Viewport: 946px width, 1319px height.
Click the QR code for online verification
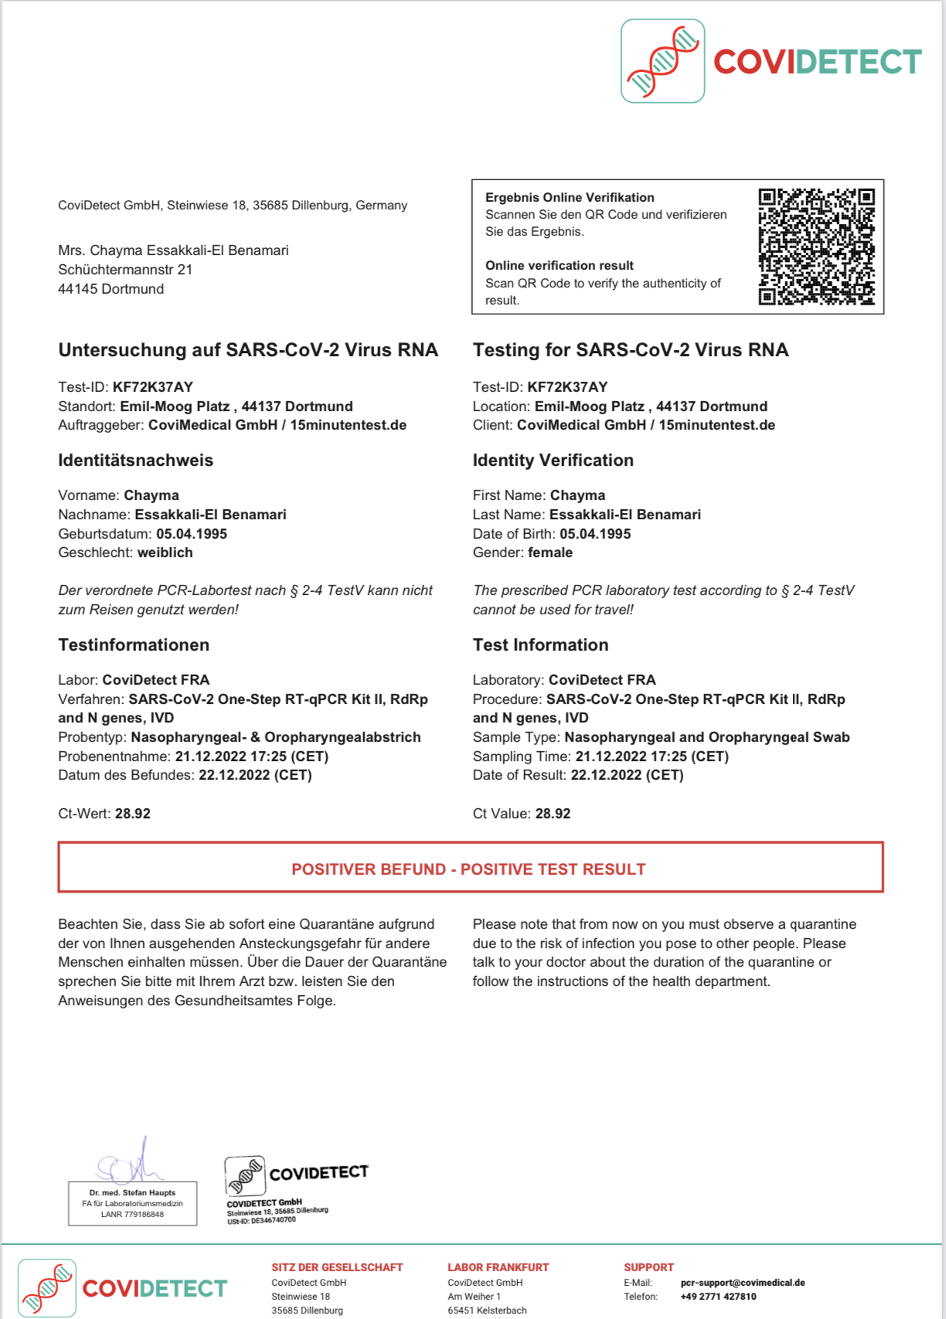[816, 246]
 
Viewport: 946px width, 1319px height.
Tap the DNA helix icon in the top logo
[662, 61]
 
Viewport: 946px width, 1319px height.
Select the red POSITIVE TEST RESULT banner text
[468, 869]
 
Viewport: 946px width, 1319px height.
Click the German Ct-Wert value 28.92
[133, 814]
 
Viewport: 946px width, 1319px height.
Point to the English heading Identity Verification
[553, 461]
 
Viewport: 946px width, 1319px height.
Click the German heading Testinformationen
[134, 645]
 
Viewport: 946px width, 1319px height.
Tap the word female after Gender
[550, 552]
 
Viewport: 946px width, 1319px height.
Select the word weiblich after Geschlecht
[165, 552]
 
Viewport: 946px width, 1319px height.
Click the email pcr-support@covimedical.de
[742, 1283]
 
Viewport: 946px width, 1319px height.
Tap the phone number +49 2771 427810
[718, 1297]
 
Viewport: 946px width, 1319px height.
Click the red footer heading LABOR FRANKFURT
[498, 1267]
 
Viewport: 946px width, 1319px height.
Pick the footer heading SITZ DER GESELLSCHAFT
[337, 1267]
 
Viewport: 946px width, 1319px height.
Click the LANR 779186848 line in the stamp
[132, 1215]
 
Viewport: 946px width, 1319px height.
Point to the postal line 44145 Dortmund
[111, 289]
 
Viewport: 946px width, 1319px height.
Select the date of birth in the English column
[595, 534]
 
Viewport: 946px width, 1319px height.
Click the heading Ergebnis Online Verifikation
[570, 198]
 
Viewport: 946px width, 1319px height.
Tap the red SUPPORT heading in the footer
[648, 1267]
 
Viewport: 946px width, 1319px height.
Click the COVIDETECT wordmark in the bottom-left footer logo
[155, 1289]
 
